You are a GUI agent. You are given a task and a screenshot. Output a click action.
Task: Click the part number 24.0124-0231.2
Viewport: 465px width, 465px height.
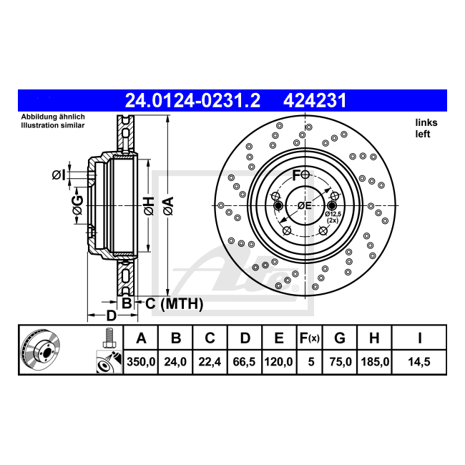pyautogui.click(x=192, y=101)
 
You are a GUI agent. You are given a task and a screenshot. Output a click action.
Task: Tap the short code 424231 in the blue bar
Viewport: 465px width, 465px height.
pyautogui.click(x=315, y=101)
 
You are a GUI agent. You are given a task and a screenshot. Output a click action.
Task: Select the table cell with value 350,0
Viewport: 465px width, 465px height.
pyautogui.click(x=141, y=362)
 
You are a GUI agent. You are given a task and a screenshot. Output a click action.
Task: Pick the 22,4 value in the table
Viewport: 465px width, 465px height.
pyautogui.click(x=210, y=362)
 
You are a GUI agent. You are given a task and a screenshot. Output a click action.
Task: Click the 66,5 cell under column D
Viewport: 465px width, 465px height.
pyautogui.click(x=244, y=362)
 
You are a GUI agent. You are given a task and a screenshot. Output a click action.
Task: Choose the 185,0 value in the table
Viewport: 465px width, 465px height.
pyautogui.click(x=375, y=362)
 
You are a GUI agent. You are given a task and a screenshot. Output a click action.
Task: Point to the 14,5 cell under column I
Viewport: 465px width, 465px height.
pyautogui.click(x=419, y=362)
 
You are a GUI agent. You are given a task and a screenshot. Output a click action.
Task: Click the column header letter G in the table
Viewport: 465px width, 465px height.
pyautogui.click(x=340, y=338)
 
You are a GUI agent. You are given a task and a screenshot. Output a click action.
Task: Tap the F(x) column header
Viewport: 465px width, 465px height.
pyautogui.click(x=310, y=338)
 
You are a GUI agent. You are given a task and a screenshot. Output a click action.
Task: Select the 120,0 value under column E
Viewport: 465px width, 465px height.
pyautogui.click(x=278, y=362)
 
